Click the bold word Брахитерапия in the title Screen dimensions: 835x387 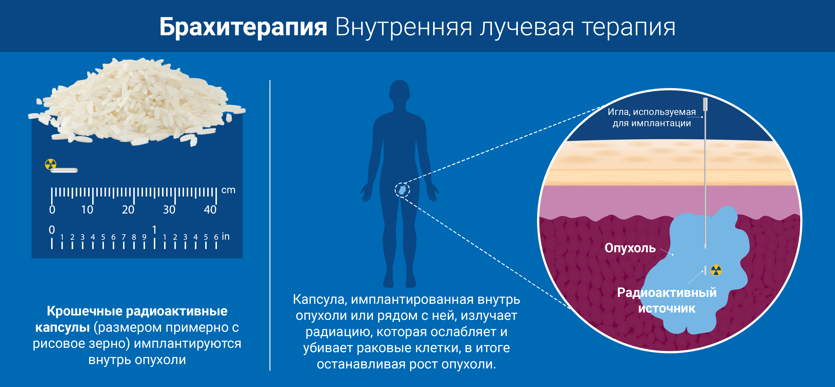tap(243, 27)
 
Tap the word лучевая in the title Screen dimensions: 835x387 tap(527, 27)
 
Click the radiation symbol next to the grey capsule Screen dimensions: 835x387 tap(51, 164)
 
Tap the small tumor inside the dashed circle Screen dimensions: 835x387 tap(402, 190)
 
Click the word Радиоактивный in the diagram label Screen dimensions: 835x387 tap(667, 292)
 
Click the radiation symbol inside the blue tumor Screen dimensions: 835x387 tap(716, 270)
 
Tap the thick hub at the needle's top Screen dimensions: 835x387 tap(705, 104)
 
